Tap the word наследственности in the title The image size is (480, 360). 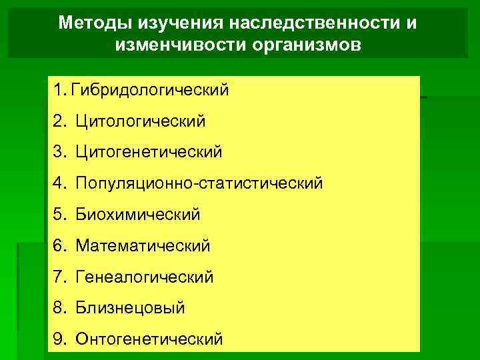[x=315, y=23]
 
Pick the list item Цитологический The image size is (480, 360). [x=141, y=121]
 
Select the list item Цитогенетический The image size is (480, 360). [x=149, y=152]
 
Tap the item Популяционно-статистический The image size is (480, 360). [x=199, y=183]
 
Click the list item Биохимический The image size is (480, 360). [x=138, y=215]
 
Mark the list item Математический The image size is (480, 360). [x=143, y=246]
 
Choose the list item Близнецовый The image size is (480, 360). [x=130, y=308]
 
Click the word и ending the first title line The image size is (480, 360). [x=413, y=23]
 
